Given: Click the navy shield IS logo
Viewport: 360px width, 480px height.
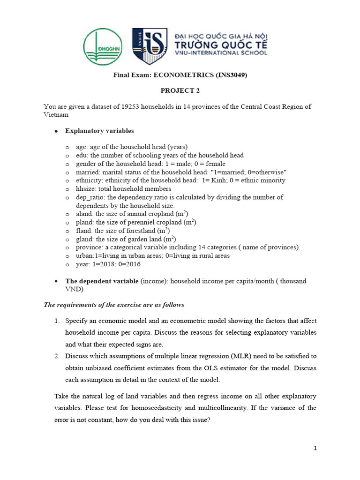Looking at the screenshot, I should point(150,46).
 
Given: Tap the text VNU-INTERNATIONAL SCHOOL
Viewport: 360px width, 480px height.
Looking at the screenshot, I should point(220,52).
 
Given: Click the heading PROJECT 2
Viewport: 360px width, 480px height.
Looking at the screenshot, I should point(180,91).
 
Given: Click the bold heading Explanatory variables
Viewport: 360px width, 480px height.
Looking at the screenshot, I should point(99,131).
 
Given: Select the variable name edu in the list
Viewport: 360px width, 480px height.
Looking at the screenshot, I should point(82,155).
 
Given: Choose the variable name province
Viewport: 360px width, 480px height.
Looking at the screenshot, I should point(88,247).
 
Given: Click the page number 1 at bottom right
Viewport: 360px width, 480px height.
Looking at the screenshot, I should point(315,449).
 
